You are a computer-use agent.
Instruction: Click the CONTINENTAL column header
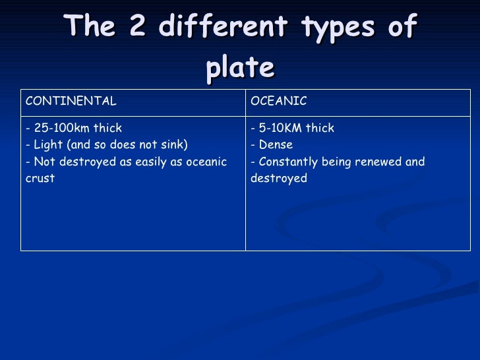pyautogui.click(x=71, y=101)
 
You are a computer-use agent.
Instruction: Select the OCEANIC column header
pyautogui.click(x=279, y=101)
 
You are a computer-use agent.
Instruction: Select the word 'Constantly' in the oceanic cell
pyautogui.click(x=288, y=162)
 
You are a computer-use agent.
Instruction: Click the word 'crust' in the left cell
pyautogui.click(x=40, y=179)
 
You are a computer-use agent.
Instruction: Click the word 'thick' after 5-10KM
pyautogui.click(x=319, y=128)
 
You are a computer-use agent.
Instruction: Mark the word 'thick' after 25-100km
pyautogui.click(x=107, y=128)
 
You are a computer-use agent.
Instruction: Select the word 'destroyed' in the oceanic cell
pyautogui.click(x=279, y=179)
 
